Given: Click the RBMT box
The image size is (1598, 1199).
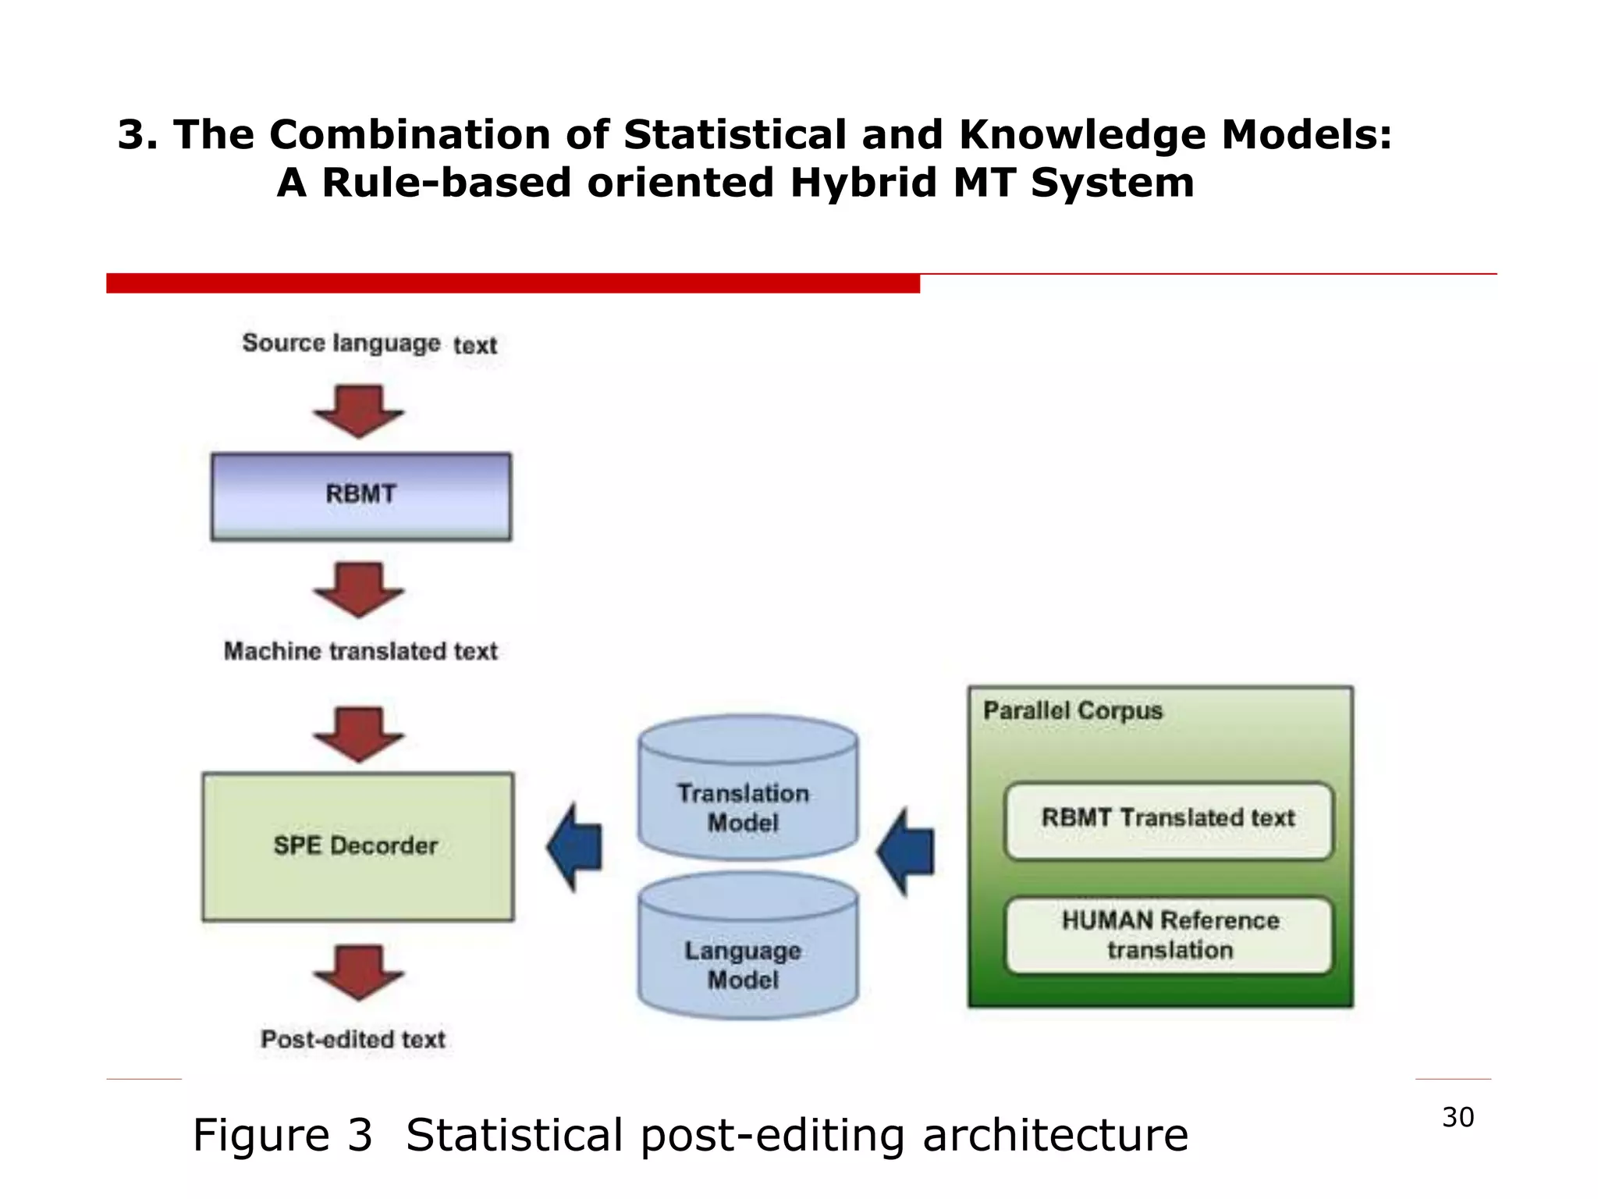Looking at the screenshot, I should (360, 496).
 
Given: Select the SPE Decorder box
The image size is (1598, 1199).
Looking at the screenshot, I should (357, 846).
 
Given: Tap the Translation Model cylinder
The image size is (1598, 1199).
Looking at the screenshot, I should (747, 788).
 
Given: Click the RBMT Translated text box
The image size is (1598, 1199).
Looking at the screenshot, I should (1168, 820).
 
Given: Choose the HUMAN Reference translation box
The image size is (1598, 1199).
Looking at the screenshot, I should (1168, 935).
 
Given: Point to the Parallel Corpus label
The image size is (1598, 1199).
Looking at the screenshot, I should (1072, 711).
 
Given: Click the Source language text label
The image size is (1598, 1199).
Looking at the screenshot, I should (369, 343).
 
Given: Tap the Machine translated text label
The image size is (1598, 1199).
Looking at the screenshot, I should (360, 651).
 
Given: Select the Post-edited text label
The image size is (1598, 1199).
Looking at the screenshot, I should (353, 1039).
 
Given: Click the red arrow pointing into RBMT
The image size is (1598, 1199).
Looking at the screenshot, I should (359, 411).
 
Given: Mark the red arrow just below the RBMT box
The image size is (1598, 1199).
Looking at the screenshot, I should (359, 589).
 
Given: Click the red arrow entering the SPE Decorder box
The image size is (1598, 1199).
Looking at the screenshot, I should (359, 734).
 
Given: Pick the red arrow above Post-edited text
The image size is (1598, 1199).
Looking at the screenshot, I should (359, 972).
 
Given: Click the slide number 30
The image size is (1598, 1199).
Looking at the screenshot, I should (1458, 1117).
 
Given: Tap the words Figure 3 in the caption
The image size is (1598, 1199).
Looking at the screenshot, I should (282, 1134).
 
